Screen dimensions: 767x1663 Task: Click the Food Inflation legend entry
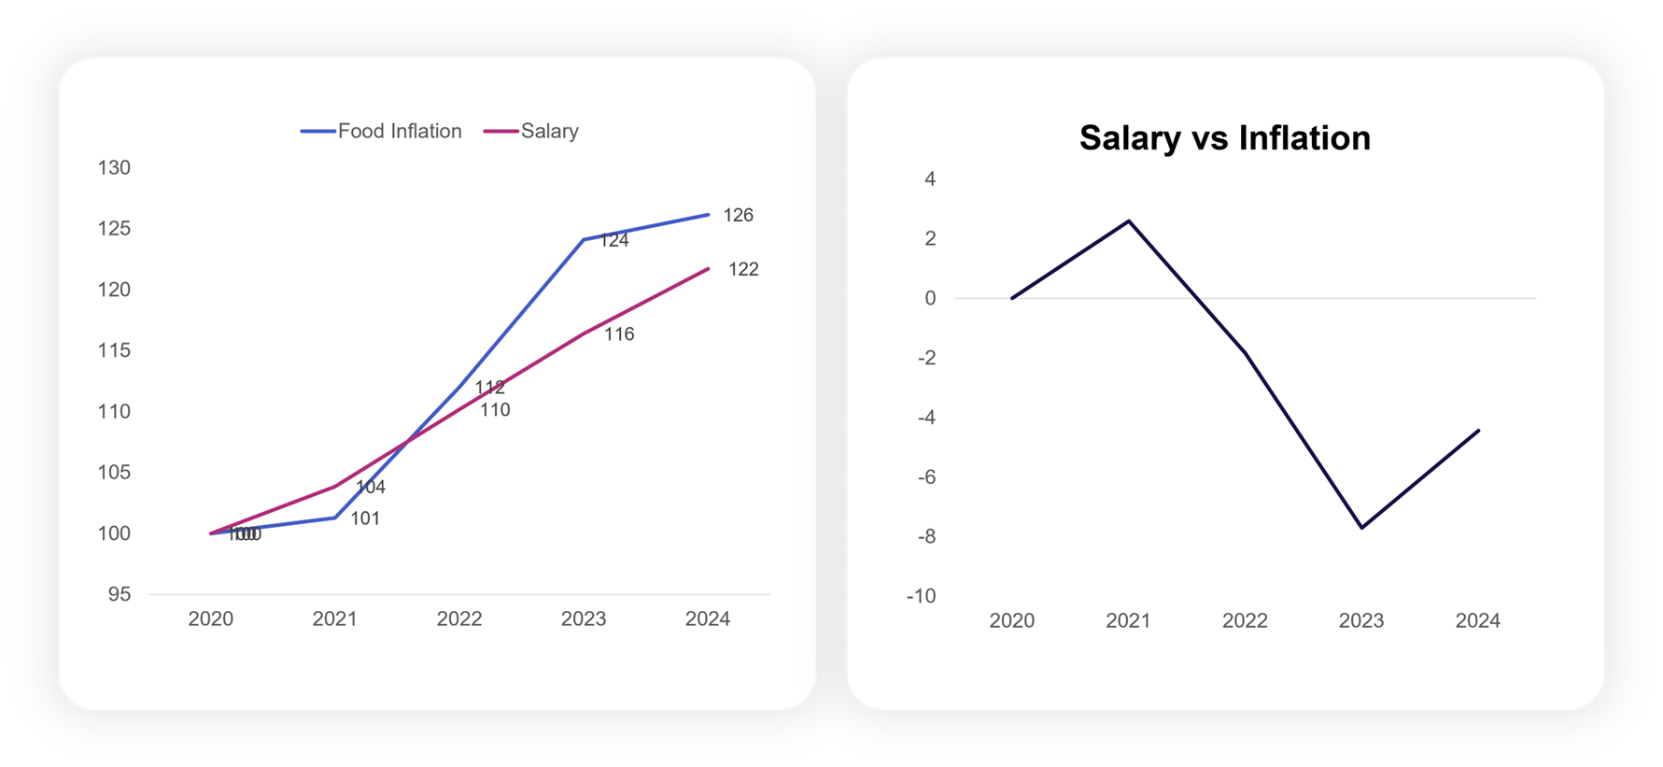[382, 131]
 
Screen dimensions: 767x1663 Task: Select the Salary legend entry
[532, 131]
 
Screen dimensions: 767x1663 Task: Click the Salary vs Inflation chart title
[1224, 138]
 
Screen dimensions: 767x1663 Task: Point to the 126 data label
[738, 215]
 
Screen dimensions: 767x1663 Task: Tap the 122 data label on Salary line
[743, 269]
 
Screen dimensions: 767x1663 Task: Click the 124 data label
[613, 240]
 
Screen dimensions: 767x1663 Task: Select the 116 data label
[619, 334]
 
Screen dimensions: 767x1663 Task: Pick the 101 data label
[365, 518]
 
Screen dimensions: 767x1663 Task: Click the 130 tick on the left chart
[114, 168]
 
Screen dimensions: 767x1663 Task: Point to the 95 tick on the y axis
[119, 594]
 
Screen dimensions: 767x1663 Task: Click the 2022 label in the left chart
[459, 618]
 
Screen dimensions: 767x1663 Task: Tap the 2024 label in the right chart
[1477, 620]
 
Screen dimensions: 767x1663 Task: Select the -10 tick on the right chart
[921, 596]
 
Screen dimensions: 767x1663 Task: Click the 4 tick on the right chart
[929, 178]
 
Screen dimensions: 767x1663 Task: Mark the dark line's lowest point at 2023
[1362, 528]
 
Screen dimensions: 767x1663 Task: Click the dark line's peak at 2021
[1129, 221]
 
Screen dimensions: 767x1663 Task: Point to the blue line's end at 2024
[708, 215]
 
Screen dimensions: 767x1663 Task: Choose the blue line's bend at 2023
[584, 240]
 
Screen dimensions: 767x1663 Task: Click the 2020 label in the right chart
[1011, 620]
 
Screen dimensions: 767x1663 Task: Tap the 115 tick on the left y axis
[114, 350]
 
